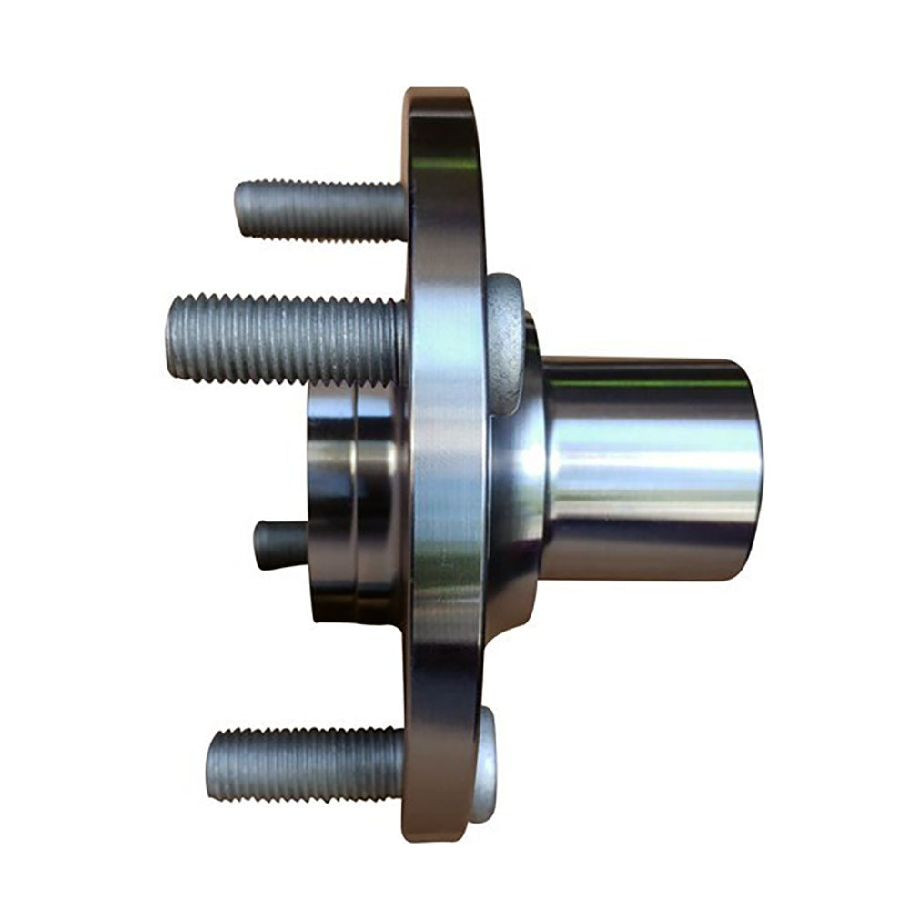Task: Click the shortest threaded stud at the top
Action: [x=318, y=210]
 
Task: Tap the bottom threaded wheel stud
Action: [x=305, y=764]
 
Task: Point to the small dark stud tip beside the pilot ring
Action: [x=269, y=545]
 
